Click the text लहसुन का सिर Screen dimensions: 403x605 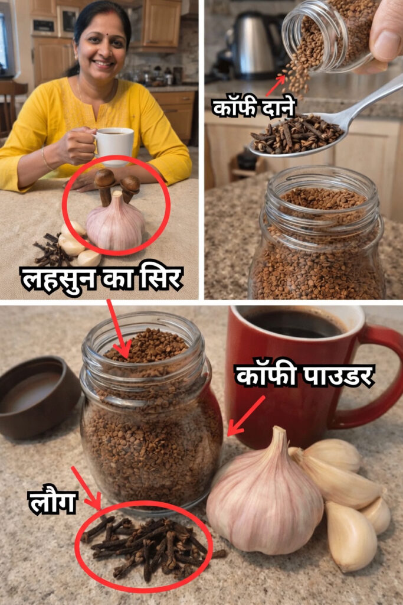101,279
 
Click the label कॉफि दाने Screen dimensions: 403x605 253,107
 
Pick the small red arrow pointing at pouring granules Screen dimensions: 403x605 275,86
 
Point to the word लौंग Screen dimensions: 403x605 52,502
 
